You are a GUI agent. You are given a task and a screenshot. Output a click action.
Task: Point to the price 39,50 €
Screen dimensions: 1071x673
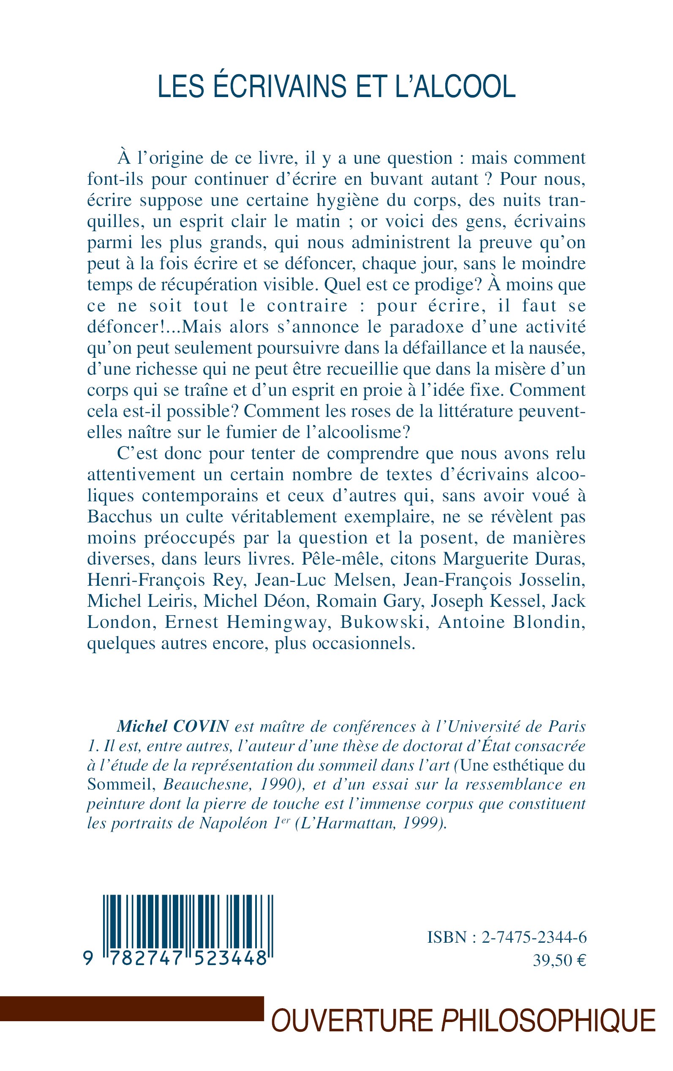[559, 960]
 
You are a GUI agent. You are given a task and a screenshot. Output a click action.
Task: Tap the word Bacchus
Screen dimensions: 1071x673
[117, 517]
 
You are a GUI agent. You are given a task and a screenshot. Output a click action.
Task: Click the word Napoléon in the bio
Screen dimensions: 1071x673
[233, 824]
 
